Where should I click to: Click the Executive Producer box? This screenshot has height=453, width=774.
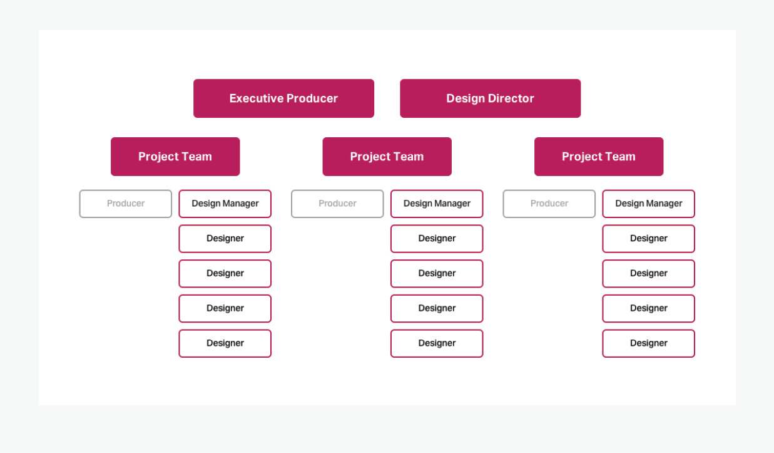pos(283,98)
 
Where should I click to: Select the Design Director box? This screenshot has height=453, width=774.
pos(491,98)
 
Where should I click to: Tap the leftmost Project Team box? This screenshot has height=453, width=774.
pos(175,157)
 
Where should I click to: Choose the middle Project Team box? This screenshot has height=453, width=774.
pos(387,157)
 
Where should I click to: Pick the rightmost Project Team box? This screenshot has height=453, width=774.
pos(599,157)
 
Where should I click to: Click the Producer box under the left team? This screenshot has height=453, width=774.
pos(125,204)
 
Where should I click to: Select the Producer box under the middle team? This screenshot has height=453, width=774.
pos(337,204)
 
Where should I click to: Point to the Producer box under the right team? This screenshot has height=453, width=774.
pos(549,204)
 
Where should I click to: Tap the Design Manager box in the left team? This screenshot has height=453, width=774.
pos(225,204)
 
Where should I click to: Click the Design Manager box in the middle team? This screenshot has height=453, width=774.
pos(437,204)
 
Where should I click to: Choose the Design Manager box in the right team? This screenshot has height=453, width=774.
pos(649,204)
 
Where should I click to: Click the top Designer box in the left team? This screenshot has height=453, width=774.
pos(225,239)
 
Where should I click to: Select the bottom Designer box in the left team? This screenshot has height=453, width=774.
pos(225,343)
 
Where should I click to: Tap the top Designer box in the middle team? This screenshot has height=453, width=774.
pos(437,239)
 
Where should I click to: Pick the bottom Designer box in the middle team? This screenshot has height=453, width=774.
pos(437,343)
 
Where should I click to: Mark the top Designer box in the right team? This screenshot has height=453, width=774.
pos(649,239)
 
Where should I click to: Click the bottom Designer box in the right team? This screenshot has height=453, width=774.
pos(649,343)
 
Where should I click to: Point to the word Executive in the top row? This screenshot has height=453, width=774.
pos(256,98)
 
